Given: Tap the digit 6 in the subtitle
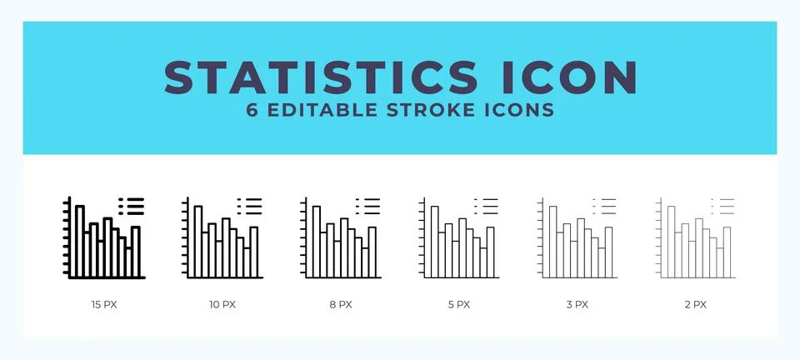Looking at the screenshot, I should tap(252, 111).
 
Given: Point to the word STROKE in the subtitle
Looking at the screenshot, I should tap(431, 111).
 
